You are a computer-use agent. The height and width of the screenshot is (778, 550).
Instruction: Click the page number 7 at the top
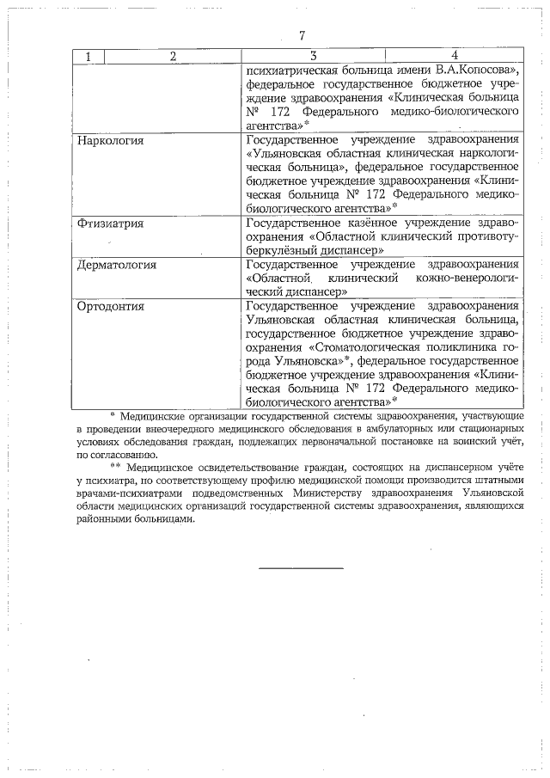coord(302,36)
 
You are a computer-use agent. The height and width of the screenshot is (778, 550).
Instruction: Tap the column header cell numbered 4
coord(454,57)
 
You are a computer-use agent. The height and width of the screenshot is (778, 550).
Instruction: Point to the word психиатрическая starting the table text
coord(290,71)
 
